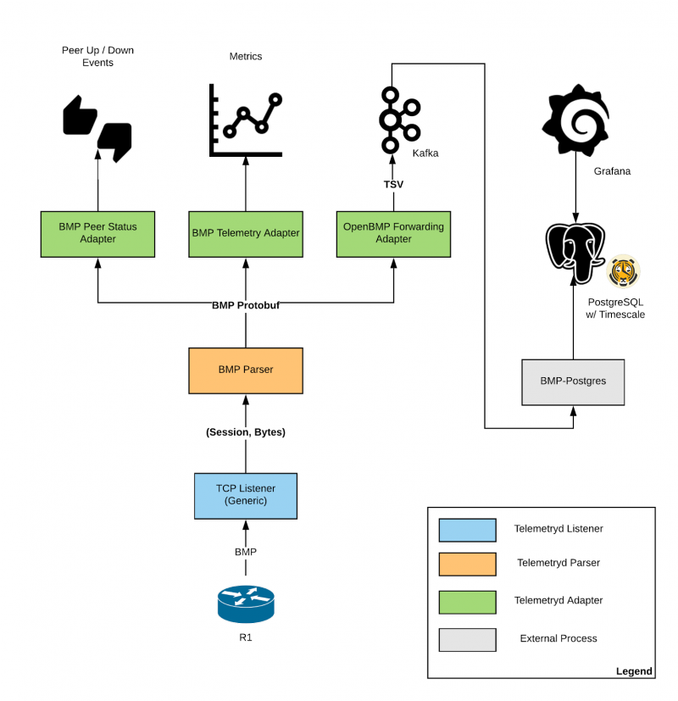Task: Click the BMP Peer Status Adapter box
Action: pos(97,233)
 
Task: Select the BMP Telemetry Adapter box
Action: pos(246,233)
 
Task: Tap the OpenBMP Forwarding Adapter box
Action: pos(393,233)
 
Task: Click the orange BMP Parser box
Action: pos(246,370)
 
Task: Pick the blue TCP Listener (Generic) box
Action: pos(246,494)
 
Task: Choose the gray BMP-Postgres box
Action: pos(574,381)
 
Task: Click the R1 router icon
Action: pos(246,603)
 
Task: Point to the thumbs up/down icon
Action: pos(98,128)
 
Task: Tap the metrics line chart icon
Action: pos(246,120)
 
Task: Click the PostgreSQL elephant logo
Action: pos(576,253)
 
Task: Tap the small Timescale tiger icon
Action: pos(624,271)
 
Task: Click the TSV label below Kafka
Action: pos(393,183)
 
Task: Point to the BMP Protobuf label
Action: pos(246,305)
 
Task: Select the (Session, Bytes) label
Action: pos(246,431)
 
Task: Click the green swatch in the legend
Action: pos(467,601)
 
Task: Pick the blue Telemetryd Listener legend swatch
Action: pos(467,529)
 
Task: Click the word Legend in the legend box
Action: pos(634,670)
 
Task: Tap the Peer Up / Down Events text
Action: pos(98,56)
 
